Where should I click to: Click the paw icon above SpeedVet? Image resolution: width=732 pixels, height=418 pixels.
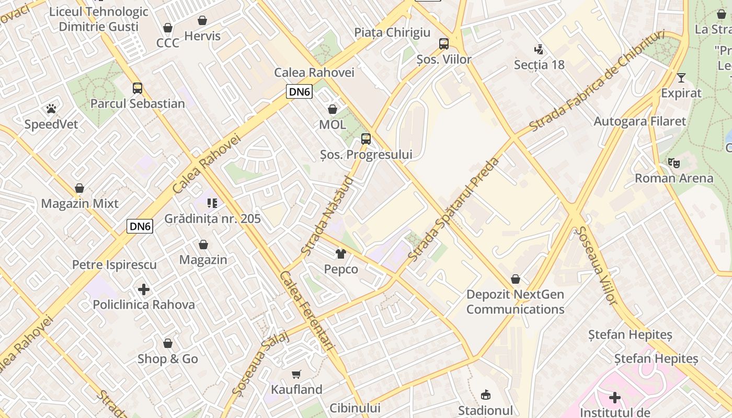[51, 109]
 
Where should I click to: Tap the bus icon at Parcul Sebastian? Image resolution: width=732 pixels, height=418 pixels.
[137, 88]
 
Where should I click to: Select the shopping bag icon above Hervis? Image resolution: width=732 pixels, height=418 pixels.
[202, 20]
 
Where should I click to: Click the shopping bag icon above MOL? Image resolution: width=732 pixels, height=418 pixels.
[332, 109]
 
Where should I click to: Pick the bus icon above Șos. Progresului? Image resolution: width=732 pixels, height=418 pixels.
[366, 139]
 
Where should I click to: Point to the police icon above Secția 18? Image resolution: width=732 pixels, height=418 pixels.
[539, 50]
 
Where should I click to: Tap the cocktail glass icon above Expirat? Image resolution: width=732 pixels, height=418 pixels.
[681, 78]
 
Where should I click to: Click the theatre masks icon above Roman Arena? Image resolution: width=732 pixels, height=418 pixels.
[674, 163]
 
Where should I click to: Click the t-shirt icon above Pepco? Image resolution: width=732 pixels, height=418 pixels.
[341, 254]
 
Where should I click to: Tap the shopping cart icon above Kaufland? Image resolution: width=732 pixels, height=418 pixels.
[296, 374]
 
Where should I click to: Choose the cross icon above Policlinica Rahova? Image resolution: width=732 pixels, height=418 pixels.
[144, 289]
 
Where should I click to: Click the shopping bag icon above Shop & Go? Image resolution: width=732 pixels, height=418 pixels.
[167, 343]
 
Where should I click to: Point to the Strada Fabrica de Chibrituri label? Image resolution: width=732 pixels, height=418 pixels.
[597, 81]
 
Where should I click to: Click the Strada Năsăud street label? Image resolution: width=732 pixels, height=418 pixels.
[327, 216]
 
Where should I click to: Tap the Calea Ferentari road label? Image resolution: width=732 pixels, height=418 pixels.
[307, 311]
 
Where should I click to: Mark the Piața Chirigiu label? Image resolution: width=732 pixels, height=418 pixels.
[392, 32]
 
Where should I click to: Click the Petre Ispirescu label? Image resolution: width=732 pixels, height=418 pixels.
[114, 265]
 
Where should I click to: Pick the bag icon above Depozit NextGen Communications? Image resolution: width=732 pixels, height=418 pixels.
[516, 279]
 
